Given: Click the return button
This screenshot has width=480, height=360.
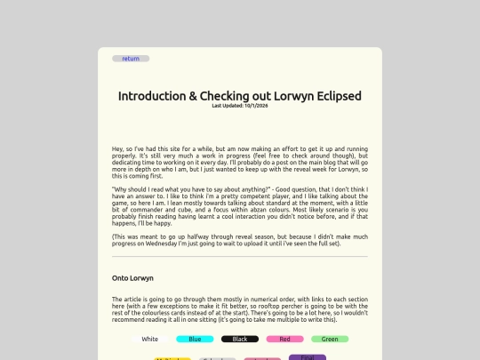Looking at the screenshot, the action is [x=131, y=59].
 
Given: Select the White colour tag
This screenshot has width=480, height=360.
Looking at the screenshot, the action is [x=149, y=339].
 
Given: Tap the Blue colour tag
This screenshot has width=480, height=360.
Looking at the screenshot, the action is [x=195, y=339].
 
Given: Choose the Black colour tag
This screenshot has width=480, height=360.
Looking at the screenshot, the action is [x=240, y=339].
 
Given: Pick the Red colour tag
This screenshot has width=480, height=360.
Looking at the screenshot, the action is [x=284, y=339].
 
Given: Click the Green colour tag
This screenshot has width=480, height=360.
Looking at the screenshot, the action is [x=330, y=339].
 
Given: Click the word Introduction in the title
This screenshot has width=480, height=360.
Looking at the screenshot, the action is [x=152, y=96].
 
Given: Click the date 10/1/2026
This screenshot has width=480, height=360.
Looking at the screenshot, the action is [x=256, y=106].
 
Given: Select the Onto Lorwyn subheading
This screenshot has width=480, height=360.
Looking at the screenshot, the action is [x=132, y=278].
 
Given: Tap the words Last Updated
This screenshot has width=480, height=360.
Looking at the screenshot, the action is [x=227, y=106].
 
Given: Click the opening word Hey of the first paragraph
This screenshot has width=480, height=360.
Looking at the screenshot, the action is [x=118, y=148].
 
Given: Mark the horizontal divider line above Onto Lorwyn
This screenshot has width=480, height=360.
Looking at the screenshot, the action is [x=240, y=257].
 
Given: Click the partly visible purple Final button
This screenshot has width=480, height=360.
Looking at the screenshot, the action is [x=307, y=356].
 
